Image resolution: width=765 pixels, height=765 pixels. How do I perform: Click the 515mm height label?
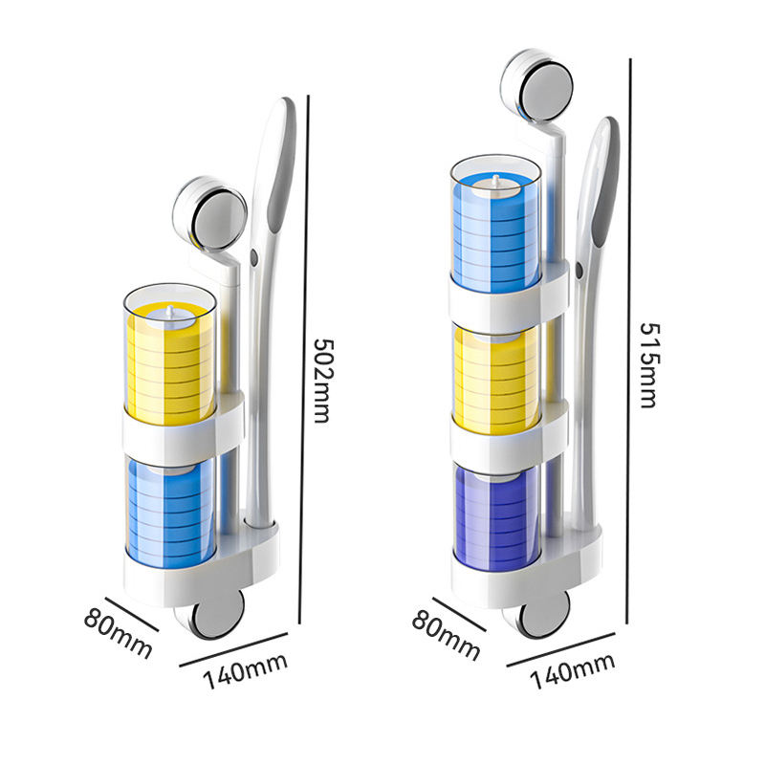coord(647,362)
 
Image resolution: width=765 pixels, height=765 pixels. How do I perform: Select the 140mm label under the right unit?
coord(573,670)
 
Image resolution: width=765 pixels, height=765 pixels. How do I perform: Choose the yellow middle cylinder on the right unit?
coord(495,378)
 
